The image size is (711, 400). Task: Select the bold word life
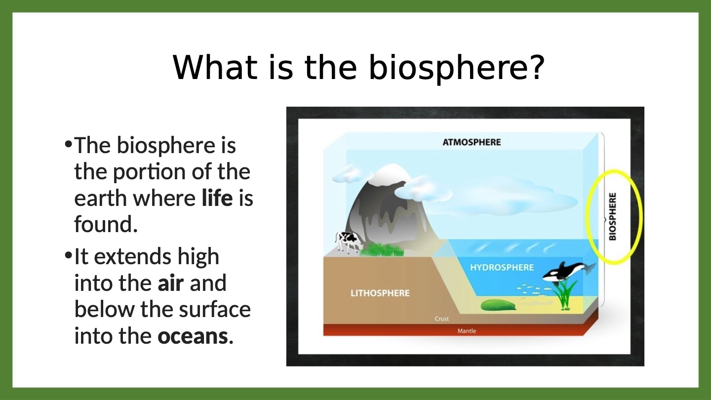pyautogui.click(x=217, y=198)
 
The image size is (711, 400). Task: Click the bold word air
pyautogui.click(x=170, y=283)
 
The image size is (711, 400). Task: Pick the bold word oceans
pyautogui.click(x=193, y=336)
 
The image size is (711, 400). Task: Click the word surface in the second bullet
pyautogui.click(x=215, y=309)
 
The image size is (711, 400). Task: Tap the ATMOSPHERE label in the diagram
pyautogui.click(x=472, y=142)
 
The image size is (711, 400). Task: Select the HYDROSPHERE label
pyautogui.click(x=502, y=267)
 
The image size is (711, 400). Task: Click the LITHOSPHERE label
pyautogui.click(x=380, y=293)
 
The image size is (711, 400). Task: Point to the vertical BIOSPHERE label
pyautogui.click(x=612, y=216)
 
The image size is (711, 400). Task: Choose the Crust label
pyautogui.click(x=441, y=319)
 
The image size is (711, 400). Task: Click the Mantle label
pyautogui.click(x=467, y=331)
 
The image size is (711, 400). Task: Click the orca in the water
pyautogui.click(x=568, y=272)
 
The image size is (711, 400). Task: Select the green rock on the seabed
pyautogui.click(x=498, y=305)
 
